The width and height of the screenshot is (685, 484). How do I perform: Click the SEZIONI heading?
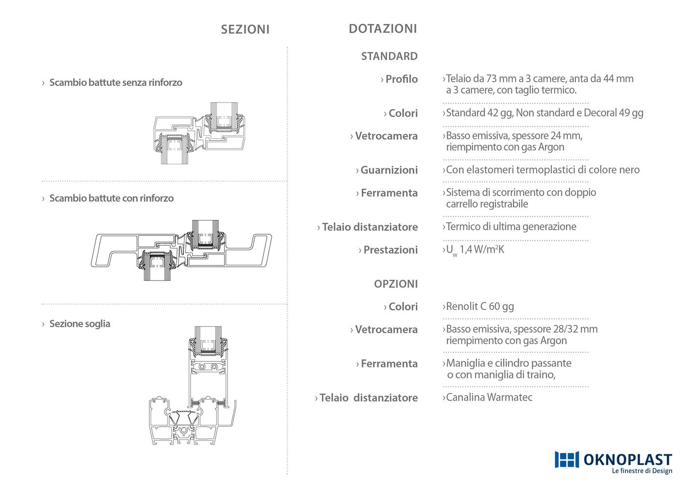[x=245, y=29]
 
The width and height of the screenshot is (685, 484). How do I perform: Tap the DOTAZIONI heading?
[x=383, y=29]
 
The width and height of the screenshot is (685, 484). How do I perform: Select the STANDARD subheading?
[x=389, y=56]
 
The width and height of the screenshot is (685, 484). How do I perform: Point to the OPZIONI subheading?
[x=396, y=284]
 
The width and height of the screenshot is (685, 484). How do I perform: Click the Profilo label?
[x=401, y=79]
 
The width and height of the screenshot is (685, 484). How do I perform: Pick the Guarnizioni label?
[x=389, y=170]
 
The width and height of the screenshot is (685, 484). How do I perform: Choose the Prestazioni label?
[x=390, y=250]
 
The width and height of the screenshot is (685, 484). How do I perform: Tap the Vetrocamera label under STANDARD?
[x=386, y=136]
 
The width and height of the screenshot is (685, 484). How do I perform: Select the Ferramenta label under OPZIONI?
[x=389, y=364]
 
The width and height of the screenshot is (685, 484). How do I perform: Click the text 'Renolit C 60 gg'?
[x=480, y=306]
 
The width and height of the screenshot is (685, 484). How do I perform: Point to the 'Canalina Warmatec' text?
[x=489, y=397]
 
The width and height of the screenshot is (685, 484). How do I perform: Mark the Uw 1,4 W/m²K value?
[x=475, y=250]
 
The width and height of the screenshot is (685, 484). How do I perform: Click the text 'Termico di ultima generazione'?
[x=511, y=227]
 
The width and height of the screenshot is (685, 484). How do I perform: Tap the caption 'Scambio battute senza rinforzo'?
[x=115, y=83]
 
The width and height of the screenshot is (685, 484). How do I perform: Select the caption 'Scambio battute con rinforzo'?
[x=112, y=198]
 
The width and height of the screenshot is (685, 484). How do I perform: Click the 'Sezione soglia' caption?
[x=79, y=324]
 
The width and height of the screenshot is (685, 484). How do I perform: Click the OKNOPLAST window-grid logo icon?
[x=567, y=460]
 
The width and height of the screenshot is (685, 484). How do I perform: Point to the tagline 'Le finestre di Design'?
[x=642, y=471]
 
